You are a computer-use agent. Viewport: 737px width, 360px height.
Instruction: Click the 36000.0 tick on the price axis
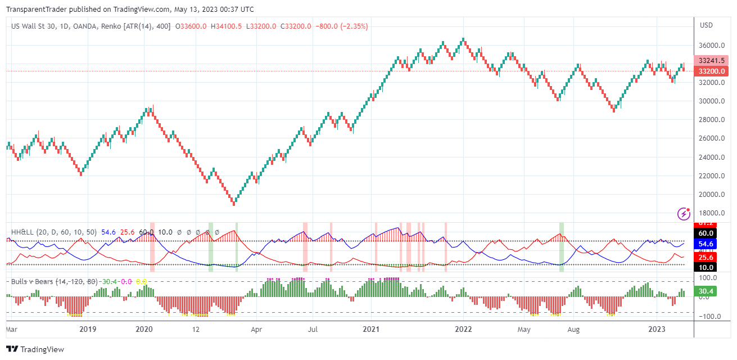[x=709, y=46]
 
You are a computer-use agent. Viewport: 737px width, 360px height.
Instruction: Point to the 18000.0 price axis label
[x=709, y=213]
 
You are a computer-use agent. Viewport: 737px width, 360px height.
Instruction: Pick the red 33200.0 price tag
[x=712, y=71]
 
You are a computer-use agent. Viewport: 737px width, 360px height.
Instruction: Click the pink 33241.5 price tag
[x=712, y=61]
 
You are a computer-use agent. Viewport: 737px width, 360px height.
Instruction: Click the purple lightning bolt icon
[x=684, y=213]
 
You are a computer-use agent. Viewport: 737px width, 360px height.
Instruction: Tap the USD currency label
[x=706, y=25]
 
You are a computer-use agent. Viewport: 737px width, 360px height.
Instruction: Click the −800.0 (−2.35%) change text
[x=341, y=26]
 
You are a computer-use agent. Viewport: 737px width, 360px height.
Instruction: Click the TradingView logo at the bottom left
[x=35, y=349]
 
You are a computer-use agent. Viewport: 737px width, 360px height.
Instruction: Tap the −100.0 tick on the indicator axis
[x=709, y=317]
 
